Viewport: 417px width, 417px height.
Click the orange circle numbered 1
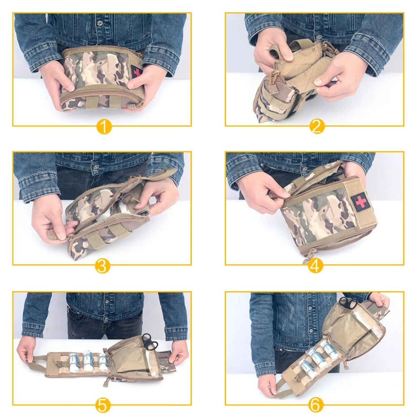[x=104, y=126]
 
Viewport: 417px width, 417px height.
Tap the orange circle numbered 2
[x=317, y=126]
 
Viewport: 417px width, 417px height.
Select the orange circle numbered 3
[x=103, y=265]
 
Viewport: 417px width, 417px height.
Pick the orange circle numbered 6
[x=316, y=404]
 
